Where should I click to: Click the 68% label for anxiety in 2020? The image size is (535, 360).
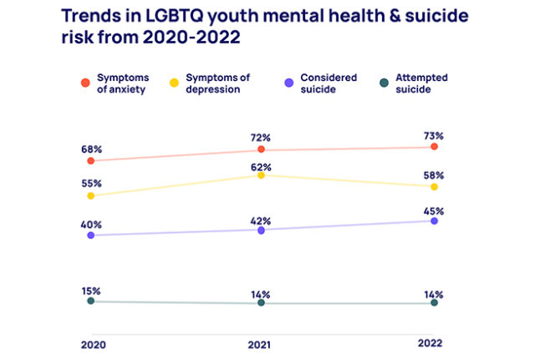(91, 148)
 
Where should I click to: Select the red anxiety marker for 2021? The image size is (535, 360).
(262, 150)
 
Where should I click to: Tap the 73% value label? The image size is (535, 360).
(434, 134)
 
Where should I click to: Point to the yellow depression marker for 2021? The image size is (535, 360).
(262, 175)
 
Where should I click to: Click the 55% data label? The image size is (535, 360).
(91, 183)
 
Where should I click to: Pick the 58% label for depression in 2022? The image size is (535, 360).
(434, 175)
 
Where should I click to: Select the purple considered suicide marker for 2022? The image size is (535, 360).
(434, 221)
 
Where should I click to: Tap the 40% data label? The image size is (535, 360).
(91, 224)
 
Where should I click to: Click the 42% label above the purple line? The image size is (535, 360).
(262, 221)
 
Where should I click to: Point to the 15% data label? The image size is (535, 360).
(91, 291)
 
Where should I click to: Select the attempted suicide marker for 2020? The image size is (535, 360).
(91, 301)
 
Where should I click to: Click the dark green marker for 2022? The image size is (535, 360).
(434, 303)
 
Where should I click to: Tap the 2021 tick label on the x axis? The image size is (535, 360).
(262, 344)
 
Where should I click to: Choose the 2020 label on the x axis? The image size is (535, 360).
(94, 344)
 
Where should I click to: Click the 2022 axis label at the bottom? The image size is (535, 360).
(431, 343)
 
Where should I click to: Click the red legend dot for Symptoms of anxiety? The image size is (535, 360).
(85, 82)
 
